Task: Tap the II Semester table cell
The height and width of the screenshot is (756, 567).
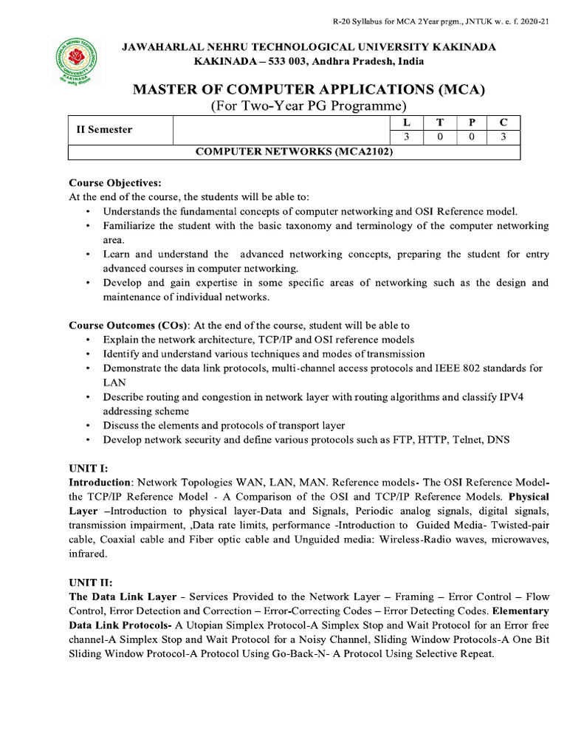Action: click(105, 130)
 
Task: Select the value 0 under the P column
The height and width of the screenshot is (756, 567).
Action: click(470, 137)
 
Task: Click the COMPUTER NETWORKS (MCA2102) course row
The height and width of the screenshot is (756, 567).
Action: click(293, 152)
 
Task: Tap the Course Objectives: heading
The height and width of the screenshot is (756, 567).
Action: click(114, 182)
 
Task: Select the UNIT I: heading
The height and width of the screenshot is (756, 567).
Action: click(89, 467)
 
